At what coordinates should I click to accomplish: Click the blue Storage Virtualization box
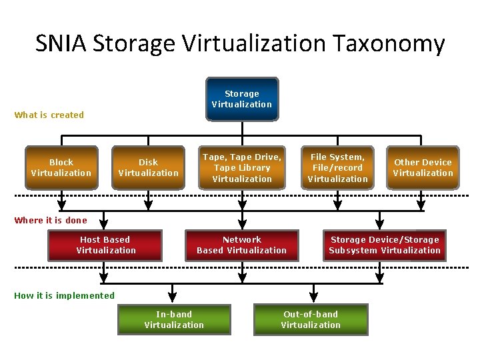pyautogui.click(x=242, y=99)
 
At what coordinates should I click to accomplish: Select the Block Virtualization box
pyautogui.click(x=61, y=167)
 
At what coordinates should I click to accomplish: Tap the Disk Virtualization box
pyautogui.click(x=149, y=167)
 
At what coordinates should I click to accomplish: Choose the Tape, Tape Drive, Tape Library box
pyautogui.click(x=242, y=167)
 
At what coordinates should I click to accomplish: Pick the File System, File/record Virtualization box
pyautogui.click(x=338, y=167)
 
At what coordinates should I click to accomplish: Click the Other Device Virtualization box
pyautogui.click(x=423, y=167)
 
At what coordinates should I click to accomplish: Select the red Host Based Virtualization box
pyautogui.click(x=105, y=245)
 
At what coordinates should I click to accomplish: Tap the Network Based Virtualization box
pyautogui.click(x=242, y=245)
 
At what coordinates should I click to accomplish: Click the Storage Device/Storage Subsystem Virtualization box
pyautogui.click(x=385, y=245)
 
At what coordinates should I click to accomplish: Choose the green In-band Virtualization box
pyautogui.click(x=174, y=319)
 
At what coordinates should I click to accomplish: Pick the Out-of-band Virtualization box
pyautogui.click(x=311, y=319)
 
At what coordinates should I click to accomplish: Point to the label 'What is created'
pyautogui.click(x=49, y=115)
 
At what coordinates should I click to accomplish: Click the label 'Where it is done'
pyautogui.click(x=51, y=220)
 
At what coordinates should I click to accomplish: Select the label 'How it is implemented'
pyautogui.click(x=65, y=295)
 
